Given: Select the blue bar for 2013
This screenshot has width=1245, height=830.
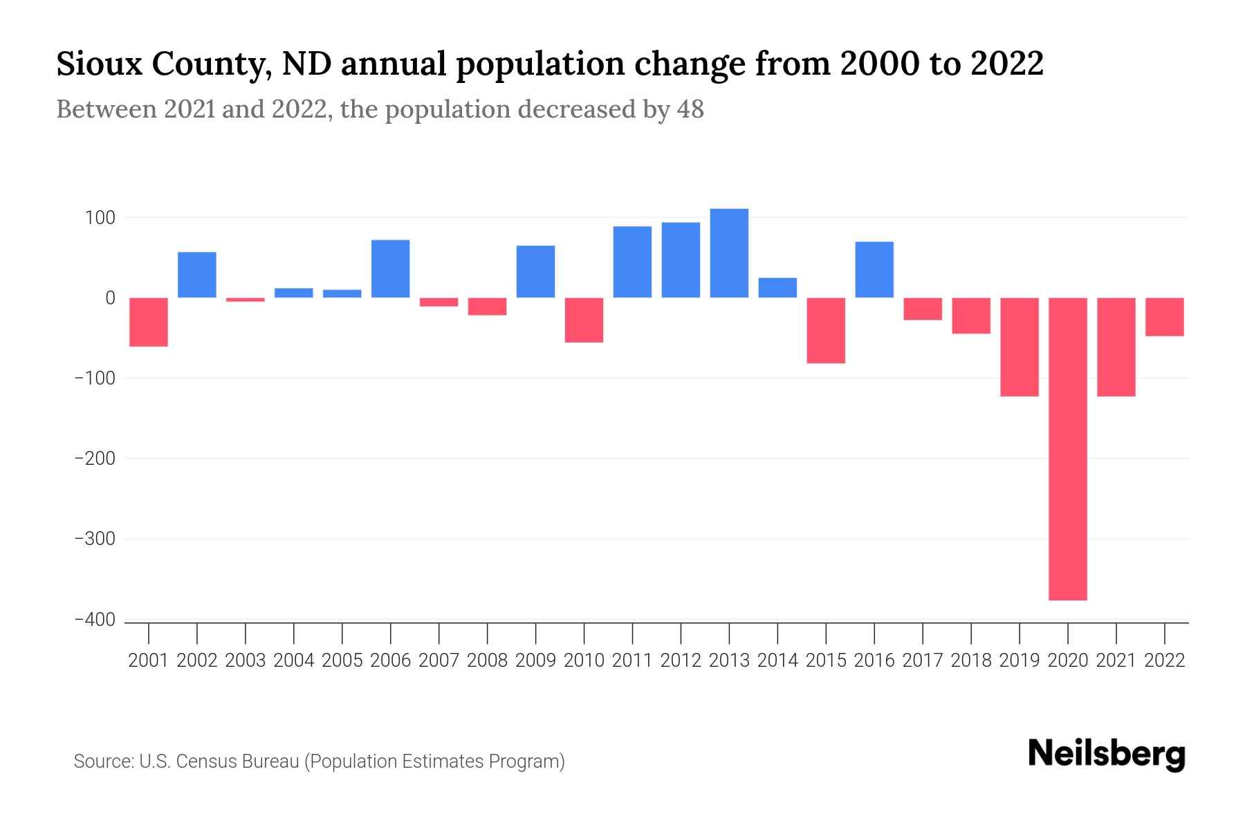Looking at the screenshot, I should coord(729,253).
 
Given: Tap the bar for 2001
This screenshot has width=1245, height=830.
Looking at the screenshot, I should coord(149,322).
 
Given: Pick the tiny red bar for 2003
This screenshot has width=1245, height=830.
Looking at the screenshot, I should coord(246,299).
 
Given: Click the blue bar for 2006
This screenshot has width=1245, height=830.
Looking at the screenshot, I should coord(390,269).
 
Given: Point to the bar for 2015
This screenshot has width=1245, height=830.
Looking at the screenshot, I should coord(826,330).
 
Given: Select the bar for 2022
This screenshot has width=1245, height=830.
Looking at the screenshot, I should coord(1164,317).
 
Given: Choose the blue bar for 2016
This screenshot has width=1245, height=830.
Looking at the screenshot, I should coord(874,270).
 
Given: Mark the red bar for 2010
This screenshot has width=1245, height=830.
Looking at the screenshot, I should coord(584,320).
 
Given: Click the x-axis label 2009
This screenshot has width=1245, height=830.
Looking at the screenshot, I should coord(535,661).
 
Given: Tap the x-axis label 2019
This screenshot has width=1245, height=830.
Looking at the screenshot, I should coord(1019,661).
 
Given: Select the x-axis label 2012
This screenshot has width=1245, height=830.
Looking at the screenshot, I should coord(681,661).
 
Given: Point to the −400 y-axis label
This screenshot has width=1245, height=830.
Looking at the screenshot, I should coord(94,620).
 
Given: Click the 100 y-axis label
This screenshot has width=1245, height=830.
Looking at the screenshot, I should coord(100,218).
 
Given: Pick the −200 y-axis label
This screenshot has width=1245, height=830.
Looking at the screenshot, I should coord(94,459).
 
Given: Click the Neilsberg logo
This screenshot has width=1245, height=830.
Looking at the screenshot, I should coord(1107,754).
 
